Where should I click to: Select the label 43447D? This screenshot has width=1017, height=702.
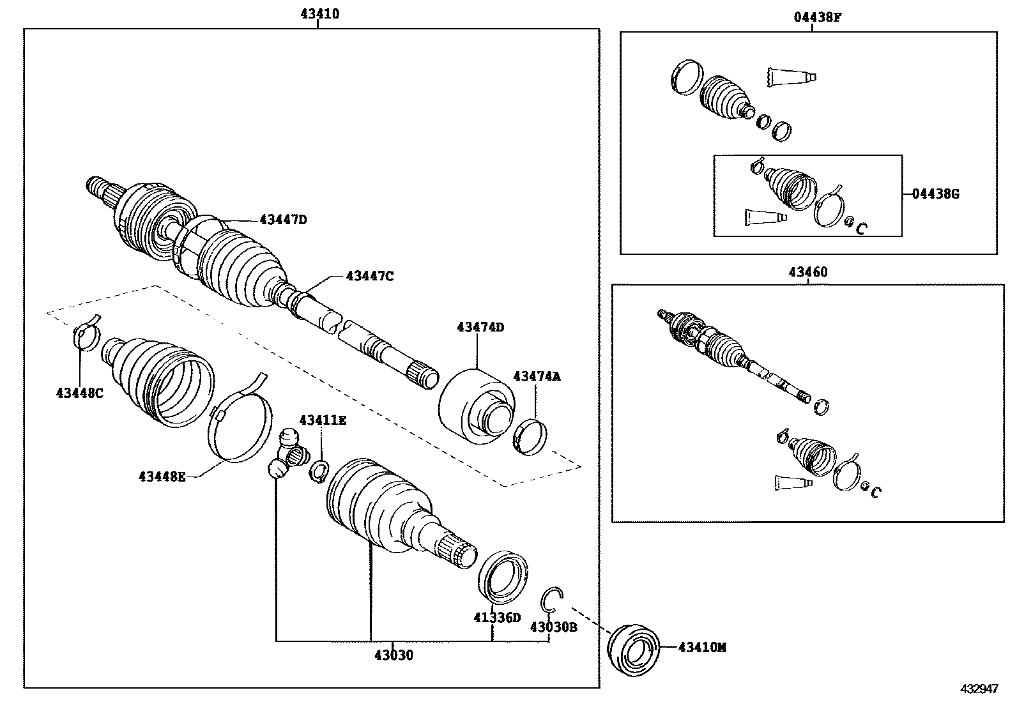(283, 220)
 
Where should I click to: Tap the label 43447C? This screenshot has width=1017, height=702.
(369, 276)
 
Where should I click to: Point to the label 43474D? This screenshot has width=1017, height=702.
(480, 327)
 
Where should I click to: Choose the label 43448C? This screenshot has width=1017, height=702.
(79, 393)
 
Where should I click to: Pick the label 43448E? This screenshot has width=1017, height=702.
(162, 476)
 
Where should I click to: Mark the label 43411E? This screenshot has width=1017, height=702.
(323, 420)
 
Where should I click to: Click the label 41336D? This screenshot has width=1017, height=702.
(497, 618)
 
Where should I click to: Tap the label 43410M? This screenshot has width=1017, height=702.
(702, 648)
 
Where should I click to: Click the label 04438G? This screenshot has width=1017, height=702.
(935, 194)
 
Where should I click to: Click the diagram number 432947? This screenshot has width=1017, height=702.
(979, 689)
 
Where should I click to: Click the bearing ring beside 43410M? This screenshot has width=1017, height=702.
(633, 650)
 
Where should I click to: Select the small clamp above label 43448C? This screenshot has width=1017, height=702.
(87, 332)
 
